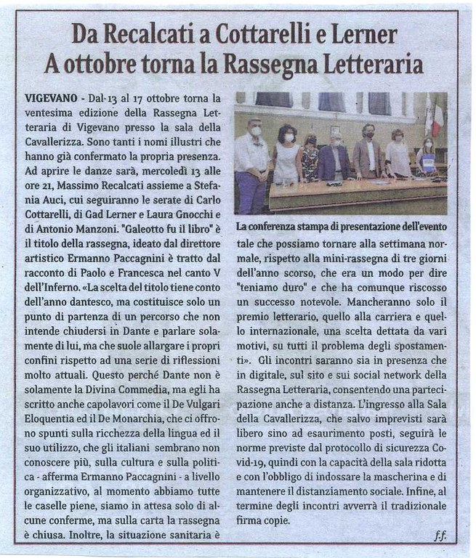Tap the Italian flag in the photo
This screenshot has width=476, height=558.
437,120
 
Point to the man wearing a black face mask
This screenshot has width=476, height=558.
368,153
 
